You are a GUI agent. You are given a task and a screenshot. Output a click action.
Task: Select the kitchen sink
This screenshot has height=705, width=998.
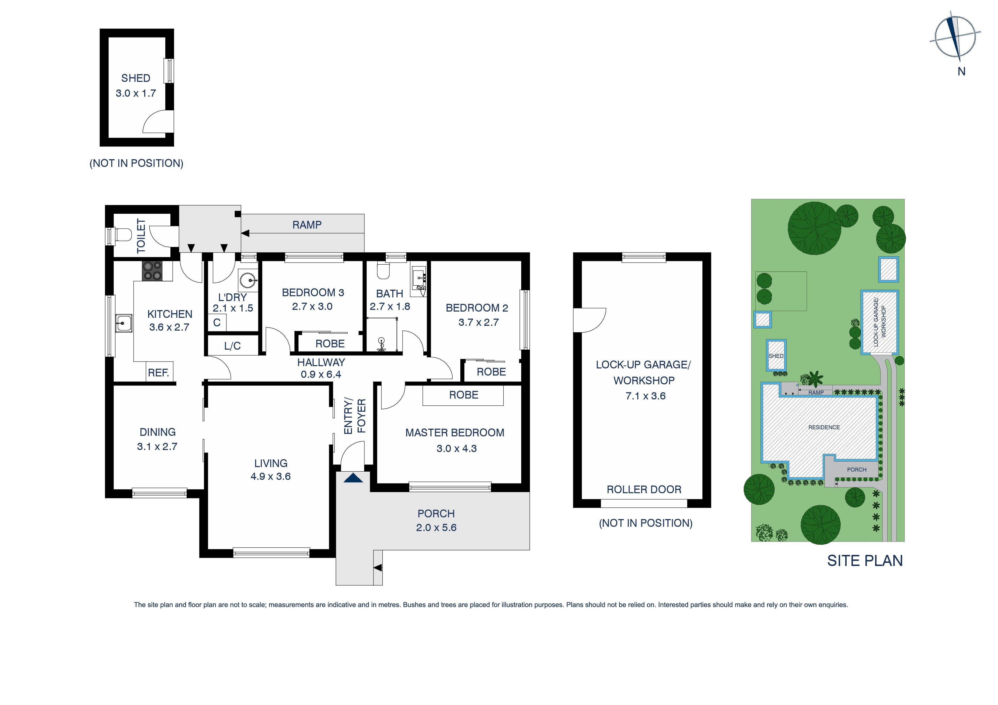point(123,323)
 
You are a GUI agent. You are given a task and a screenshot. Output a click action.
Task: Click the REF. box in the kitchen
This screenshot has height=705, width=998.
point(159,372)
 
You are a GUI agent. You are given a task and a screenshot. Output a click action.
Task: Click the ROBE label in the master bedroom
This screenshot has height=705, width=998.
point(463,395)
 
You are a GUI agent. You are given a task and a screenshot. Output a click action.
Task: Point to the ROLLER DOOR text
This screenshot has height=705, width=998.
point(644,490)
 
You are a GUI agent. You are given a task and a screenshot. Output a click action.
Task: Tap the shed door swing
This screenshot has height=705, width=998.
point(157,122)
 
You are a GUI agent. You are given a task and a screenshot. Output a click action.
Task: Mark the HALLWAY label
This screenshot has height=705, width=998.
point(321,362)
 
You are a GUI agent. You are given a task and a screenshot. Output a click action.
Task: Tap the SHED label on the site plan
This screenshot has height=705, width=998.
point(776,356)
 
